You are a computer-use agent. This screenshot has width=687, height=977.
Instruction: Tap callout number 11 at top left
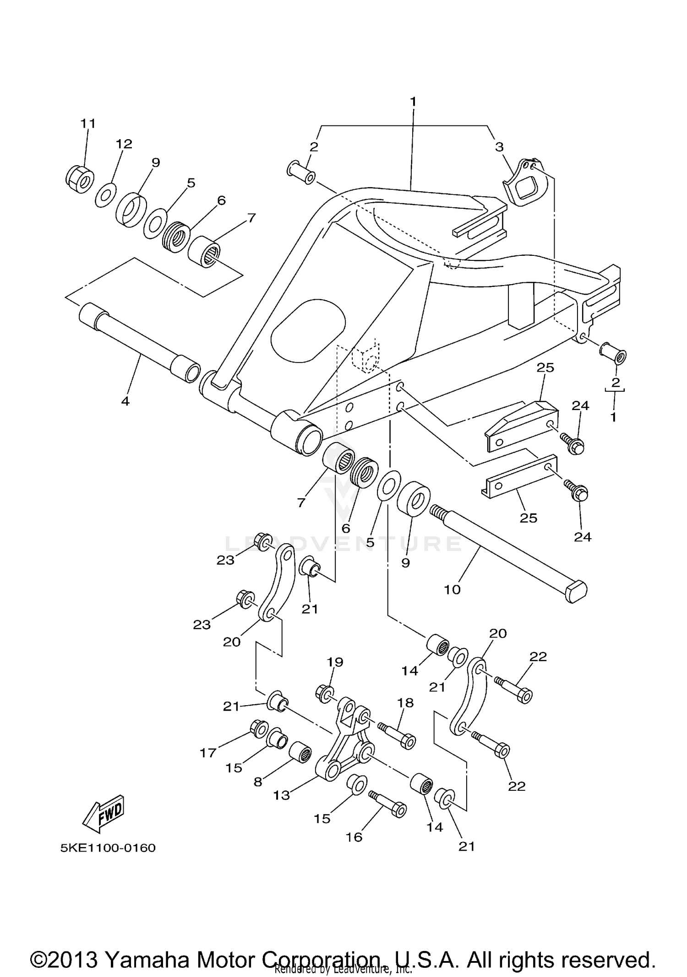(x=88, y=123)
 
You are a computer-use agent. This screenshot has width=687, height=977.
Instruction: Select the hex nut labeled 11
(x=80, y=179)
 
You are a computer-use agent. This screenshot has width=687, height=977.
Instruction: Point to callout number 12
(x=124, y=144)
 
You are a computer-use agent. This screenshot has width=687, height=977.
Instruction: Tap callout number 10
(x=452, y=589)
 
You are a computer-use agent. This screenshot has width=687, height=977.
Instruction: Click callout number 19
(x=335, y=662)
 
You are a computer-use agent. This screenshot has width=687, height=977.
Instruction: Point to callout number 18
(x=405, y=702)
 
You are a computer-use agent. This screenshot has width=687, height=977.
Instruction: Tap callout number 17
(x=207, y=752)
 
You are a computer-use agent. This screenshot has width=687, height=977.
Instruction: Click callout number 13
(x=282, y=795)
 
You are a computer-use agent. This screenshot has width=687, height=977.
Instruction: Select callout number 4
(x=125, y=401)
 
